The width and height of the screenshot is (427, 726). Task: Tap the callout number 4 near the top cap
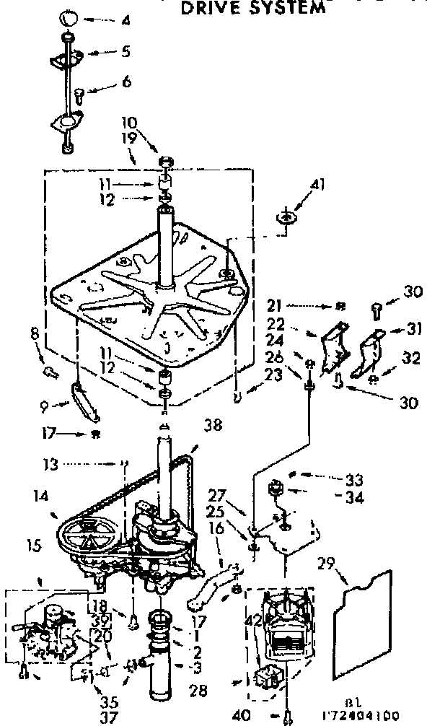pyautogui.click(x=126, y=20)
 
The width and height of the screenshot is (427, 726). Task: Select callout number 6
pyautogui.click(x=126, y=82)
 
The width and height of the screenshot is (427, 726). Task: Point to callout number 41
pyautogui.click(x=319, y=185)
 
